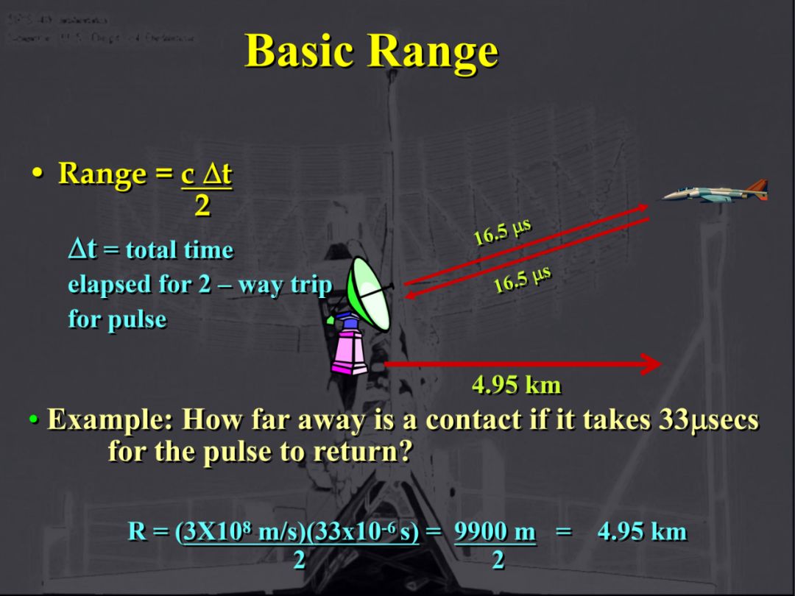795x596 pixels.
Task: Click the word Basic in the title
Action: (301, 52)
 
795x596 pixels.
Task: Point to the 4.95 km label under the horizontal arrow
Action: (516, 385)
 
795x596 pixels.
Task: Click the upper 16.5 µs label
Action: (502, 232)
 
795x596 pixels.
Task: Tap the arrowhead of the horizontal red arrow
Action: (651, 363)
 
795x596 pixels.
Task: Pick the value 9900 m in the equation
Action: (495, 532)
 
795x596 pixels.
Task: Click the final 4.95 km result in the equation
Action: (642, 532)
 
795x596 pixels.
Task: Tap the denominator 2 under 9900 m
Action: (498, 561)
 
